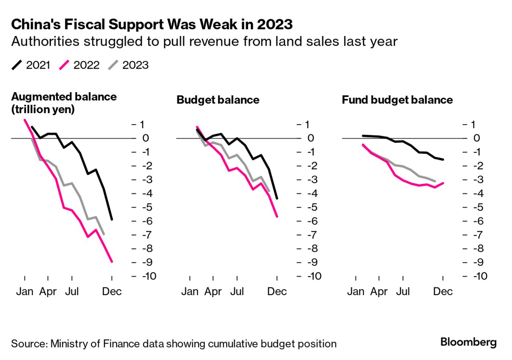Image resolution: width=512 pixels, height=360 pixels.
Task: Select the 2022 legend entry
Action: point(79,65)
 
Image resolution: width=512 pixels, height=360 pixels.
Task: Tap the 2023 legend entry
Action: point(128,65)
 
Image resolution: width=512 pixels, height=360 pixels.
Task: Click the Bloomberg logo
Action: point(468,342)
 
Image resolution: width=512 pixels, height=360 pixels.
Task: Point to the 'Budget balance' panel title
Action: point(218,100)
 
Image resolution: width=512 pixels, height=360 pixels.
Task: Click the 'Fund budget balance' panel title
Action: point(397,100)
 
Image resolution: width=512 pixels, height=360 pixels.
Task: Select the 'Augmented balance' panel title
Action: point(64,103)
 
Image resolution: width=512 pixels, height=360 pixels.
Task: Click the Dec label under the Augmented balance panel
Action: point(112,291)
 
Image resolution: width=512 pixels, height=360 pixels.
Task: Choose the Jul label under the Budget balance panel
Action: point(238,291)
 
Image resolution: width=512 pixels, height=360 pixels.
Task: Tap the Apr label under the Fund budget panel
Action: point(379,291)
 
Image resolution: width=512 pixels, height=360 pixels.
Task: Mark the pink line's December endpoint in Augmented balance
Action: point(112,262)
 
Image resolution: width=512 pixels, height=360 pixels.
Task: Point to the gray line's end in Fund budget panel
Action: point(435,181)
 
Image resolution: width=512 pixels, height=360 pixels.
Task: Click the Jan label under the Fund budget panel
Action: point(355,291)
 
